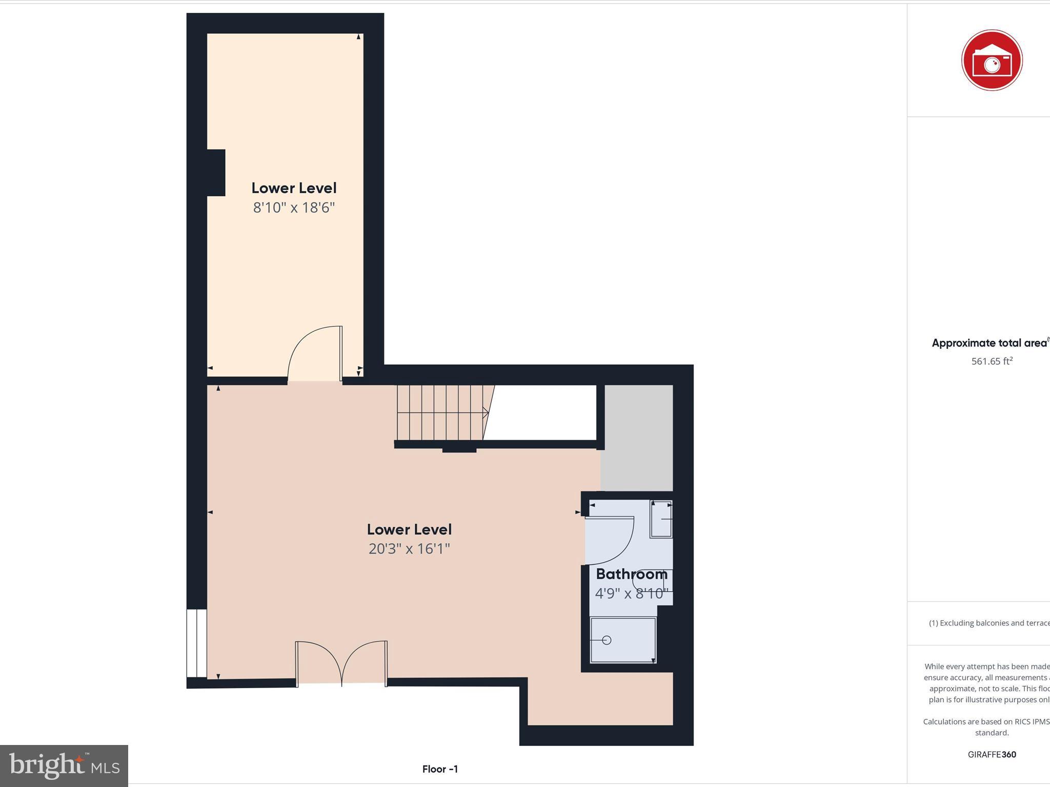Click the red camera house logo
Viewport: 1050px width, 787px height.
click(992, 60)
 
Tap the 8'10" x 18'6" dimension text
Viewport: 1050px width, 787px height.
click(294, 208)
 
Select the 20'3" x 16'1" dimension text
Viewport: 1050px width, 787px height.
click(409, 549)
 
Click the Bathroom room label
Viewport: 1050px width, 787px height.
click(631, 574)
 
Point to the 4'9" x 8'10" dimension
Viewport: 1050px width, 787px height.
click(631, 593)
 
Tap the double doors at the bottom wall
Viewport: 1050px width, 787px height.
click(341, 662)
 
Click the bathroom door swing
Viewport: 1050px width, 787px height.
click(610, 541)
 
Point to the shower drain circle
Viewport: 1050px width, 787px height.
click(607, 640)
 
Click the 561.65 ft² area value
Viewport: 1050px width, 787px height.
click(992, 361)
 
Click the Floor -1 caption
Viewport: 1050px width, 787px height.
click(440, 769)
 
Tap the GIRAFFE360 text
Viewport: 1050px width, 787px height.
click(992, 754)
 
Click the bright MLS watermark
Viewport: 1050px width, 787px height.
click(64, 766)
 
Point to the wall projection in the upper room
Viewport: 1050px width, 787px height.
click(216, 173)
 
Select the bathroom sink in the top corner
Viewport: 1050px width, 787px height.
click(661, 520)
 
